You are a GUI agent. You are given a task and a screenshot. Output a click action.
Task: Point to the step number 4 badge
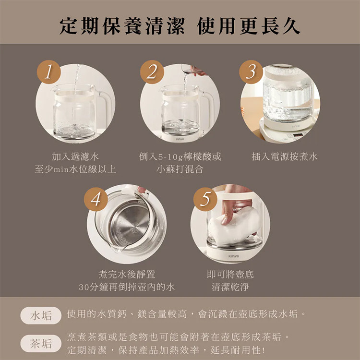tap(96, 198)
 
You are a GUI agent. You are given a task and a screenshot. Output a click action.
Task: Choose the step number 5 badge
tap(205, 198)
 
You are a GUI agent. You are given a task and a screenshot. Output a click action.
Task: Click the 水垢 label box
tap(41, 315)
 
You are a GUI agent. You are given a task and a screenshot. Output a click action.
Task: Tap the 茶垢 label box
tap(41, 343)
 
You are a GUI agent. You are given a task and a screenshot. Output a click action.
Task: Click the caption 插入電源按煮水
tap(284, 156)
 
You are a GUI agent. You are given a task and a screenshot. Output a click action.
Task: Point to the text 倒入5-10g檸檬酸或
tap(180, 156)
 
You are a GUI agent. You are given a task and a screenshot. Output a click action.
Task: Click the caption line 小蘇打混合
tap(180, 169)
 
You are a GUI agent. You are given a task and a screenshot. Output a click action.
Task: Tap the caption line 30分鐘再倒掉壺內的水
tap(127, 287)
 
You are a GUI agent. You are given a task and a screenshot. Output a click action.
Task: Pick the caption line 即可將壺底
tap(230, 275)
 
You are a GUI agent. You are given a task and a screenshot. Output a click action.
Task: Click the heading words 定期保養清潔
tap(122, 26)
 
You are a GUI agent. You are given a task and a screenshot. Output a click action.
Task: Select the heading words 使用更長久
tap(249, 26)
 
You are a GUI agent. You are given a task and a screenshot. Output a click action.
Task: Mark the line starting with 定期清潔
tap(166, 349)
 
